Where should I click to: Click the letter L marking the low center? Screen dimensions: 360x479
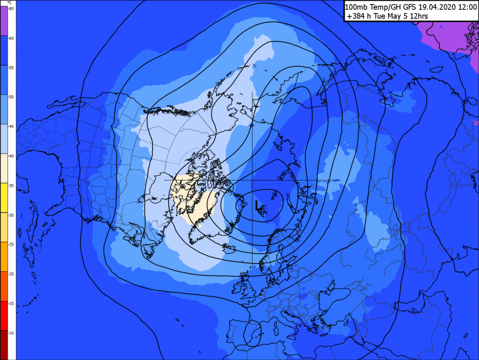pyautogui.click(x=257, y=207)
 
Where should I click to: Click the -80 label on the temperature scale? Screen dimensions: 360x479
pyautogui.click(x=11, y=9)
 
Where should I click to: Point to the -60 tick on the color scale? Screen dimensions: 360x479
pyautogui.click(x=11, y=38)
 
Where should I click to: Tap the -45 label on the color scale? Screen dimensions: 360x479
pyautogui.click(x=11, y=126)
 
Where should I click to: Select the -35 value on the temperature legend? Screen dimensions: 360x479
pyautogui.click(x=11, y=185)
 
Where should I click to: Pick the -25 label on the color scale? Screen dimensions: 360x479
pyautogui.click(x=11, y=244)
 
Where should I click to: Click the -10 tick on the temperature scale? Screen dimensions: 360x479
pyautogui.click(x=11, y=333)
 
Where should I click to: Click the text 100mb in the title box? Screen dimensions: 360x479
pyautogui.click(x=355, y=7)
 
